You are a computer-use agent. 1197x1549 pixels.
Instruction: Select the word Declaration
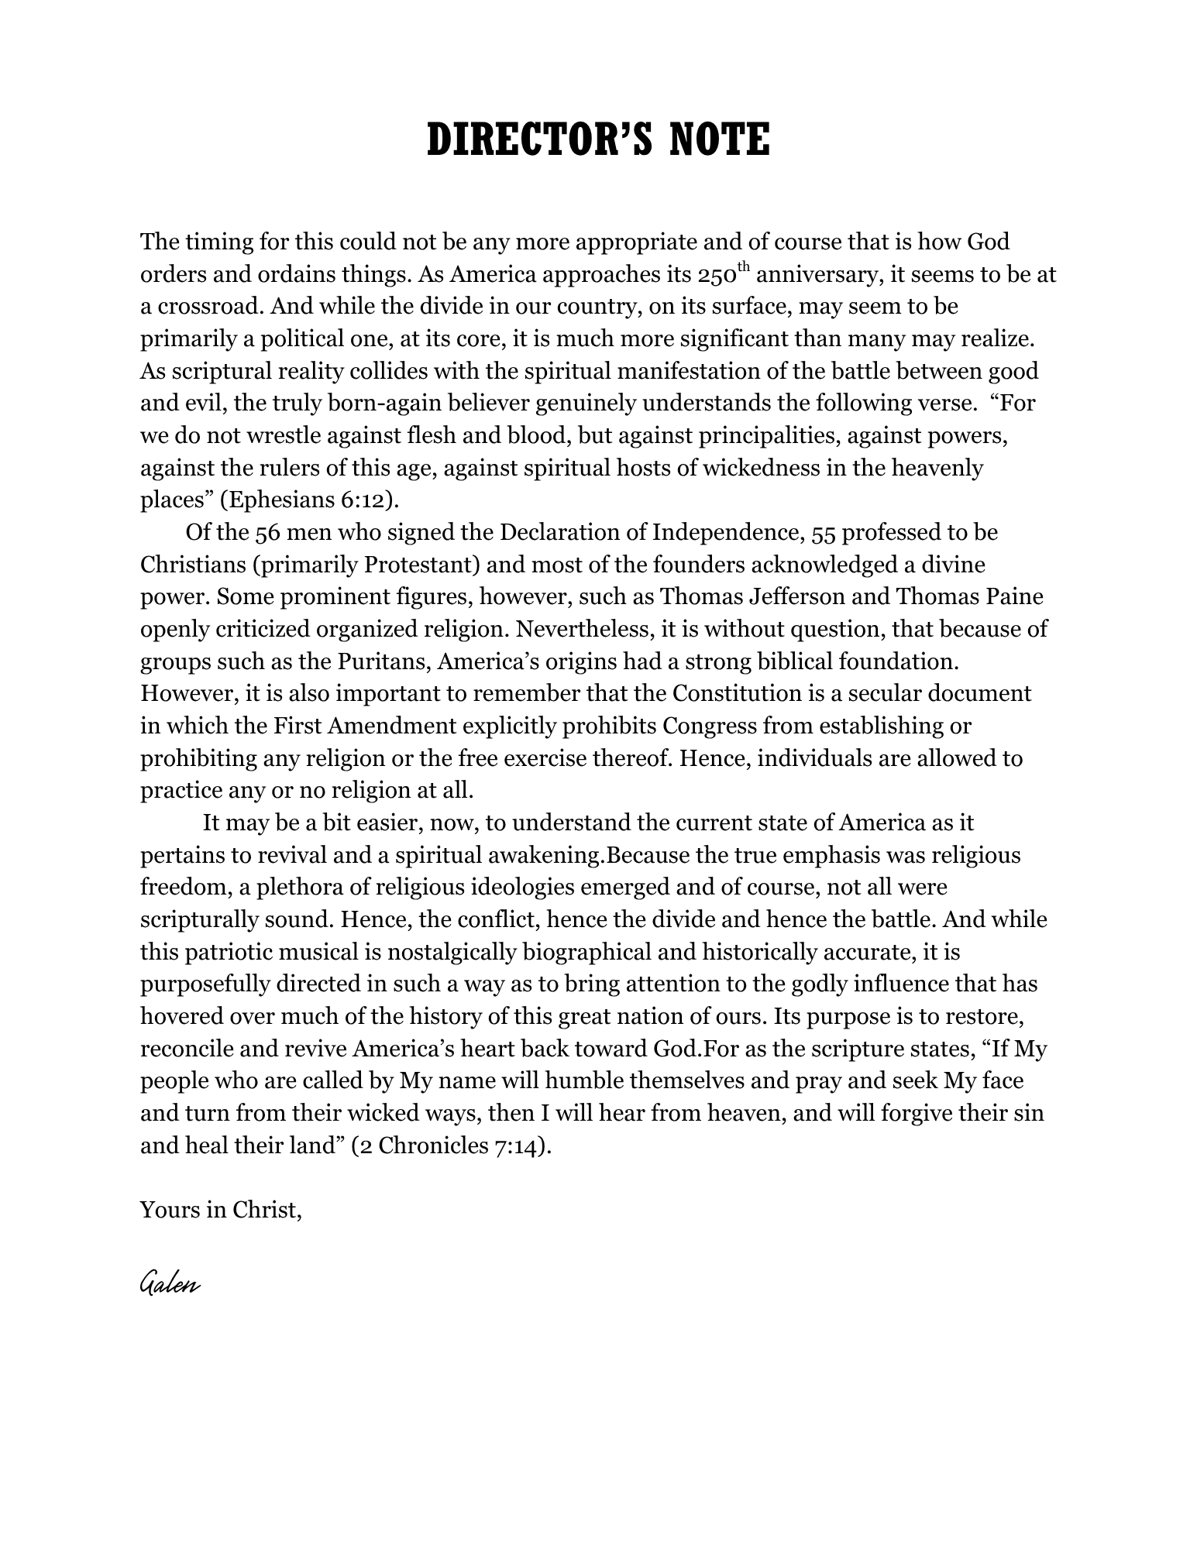tap(561, 533)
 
